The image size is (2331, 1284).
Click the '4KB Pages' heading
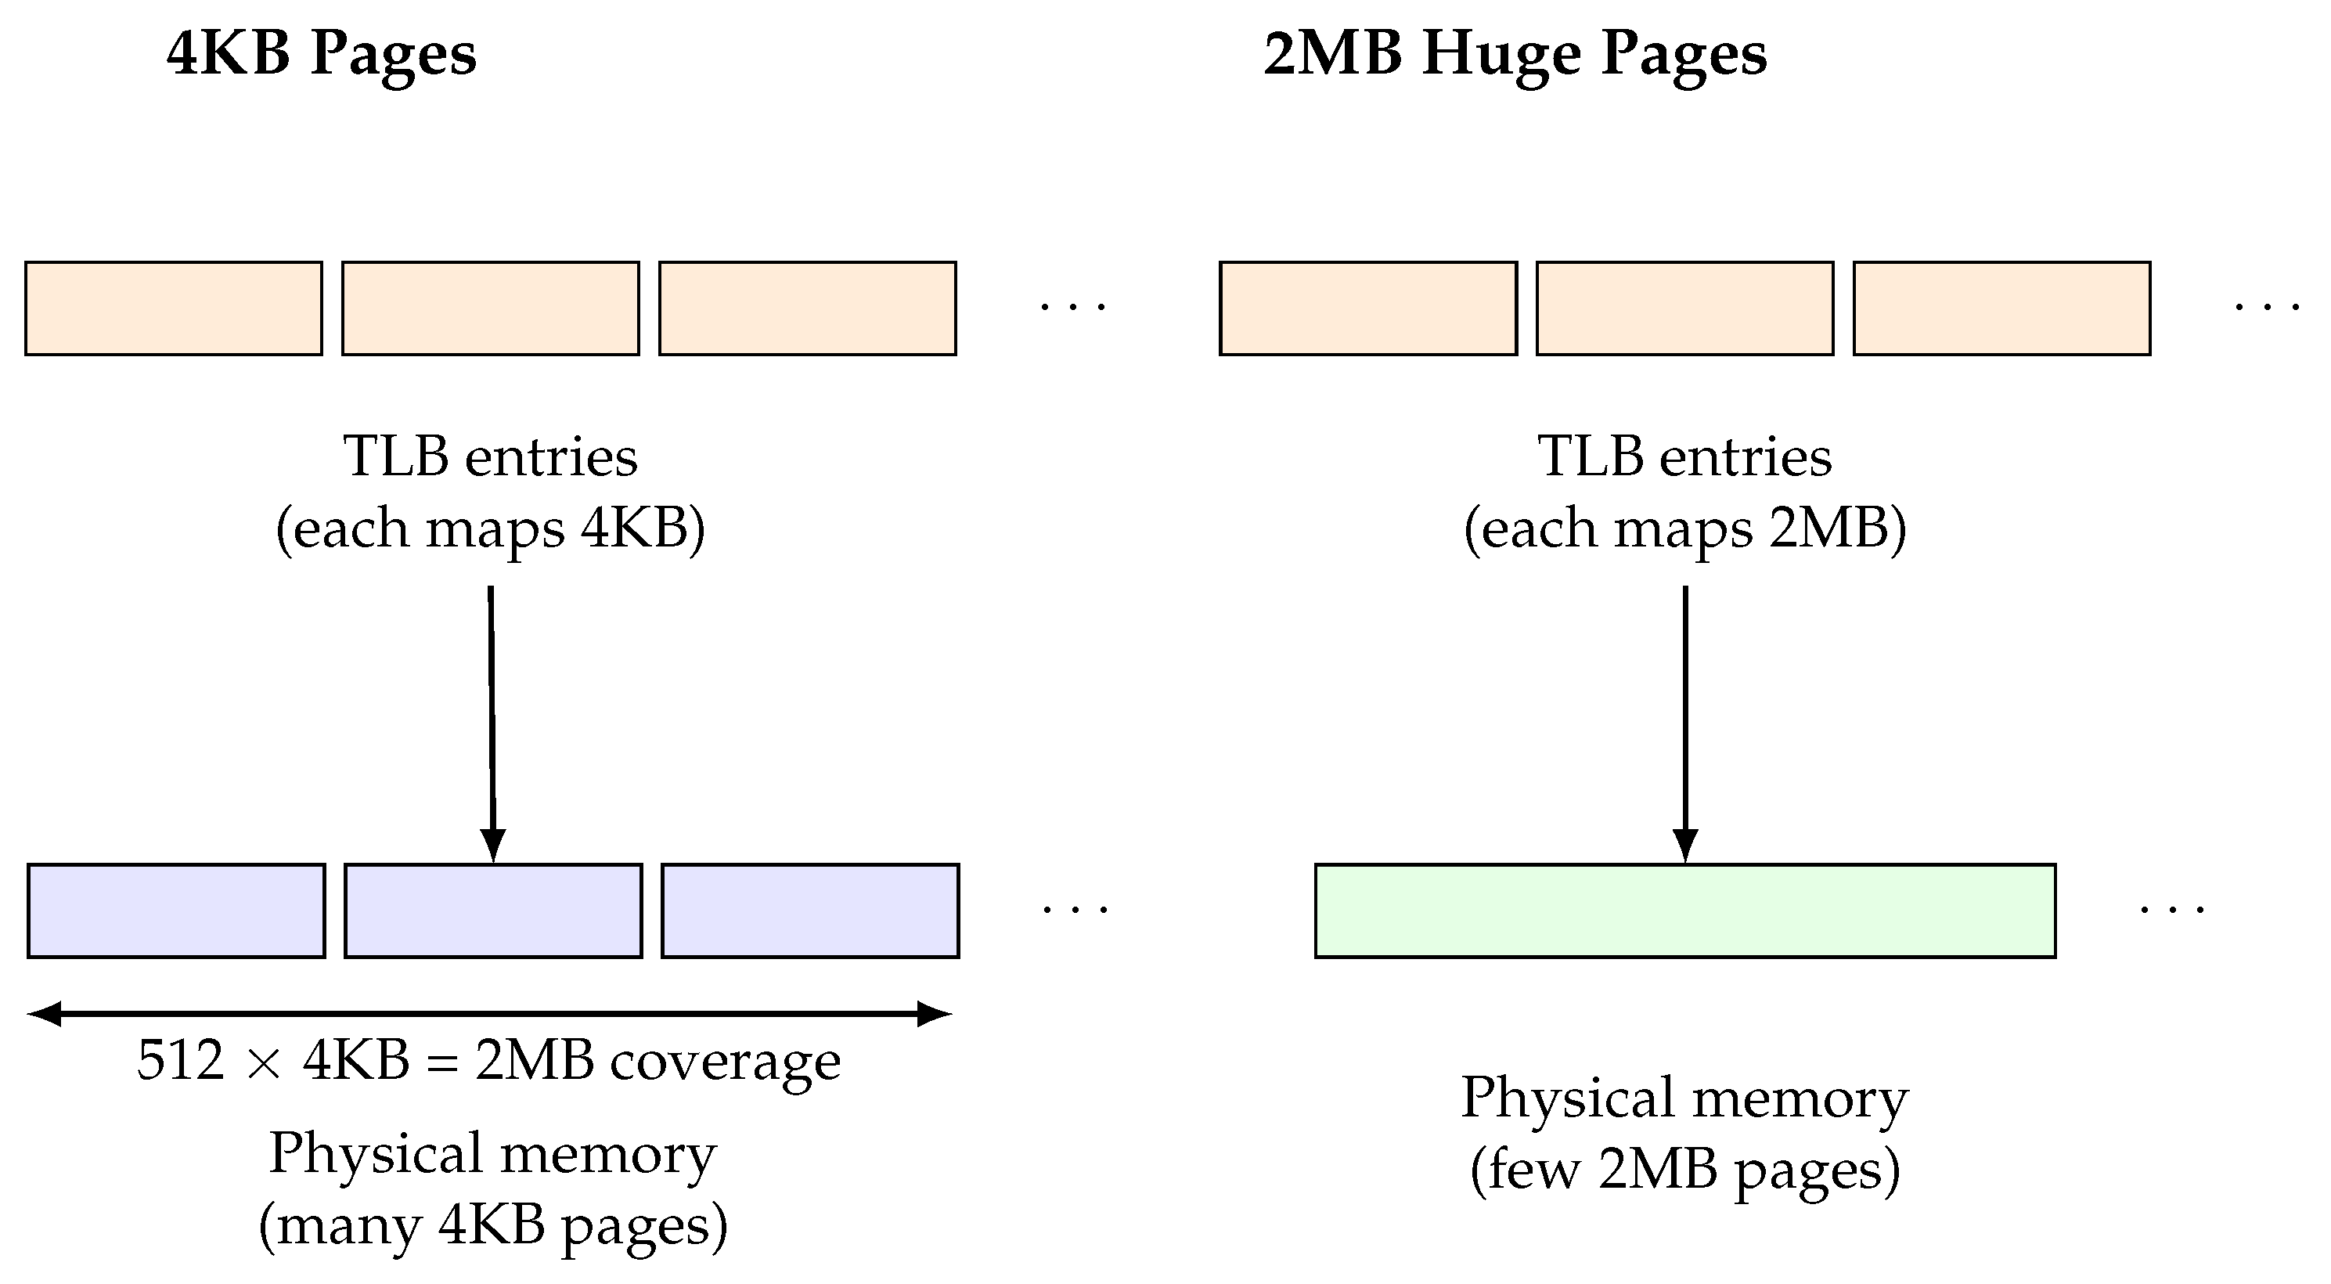click(321, 54)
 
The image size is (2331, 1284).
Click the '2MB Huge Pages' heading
click(1514, 54)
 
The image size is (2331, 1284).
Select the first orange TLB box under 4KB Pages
click(174, 308)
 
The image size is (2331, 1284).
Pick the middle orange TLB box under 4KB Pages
click(491, 308)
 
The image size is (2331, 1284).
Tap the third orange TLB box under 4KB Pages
click(807, 308)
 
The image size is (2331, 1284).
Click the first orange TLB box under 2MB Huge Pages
click(1367, 308)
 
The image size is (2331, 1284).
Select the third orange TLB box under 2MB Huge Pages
click(2001, 308)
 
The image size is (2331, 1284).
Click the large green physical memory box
click(1685, 911)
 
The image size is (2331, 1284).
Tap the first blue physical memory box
click(176, 911)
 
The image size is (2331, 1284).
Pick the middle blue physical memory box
click(493, 911)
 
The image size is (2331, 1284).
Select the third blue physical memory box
click(810, 911)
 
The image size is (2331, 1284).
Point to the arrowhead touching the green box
click(1685, 847)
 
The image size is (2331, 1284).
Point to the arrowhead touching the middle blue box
click(492, 847)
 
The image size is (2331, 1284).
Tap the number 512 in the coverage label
click(180, 1061)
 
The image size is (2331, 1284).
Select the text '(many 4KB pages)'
click(492, 1226)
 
